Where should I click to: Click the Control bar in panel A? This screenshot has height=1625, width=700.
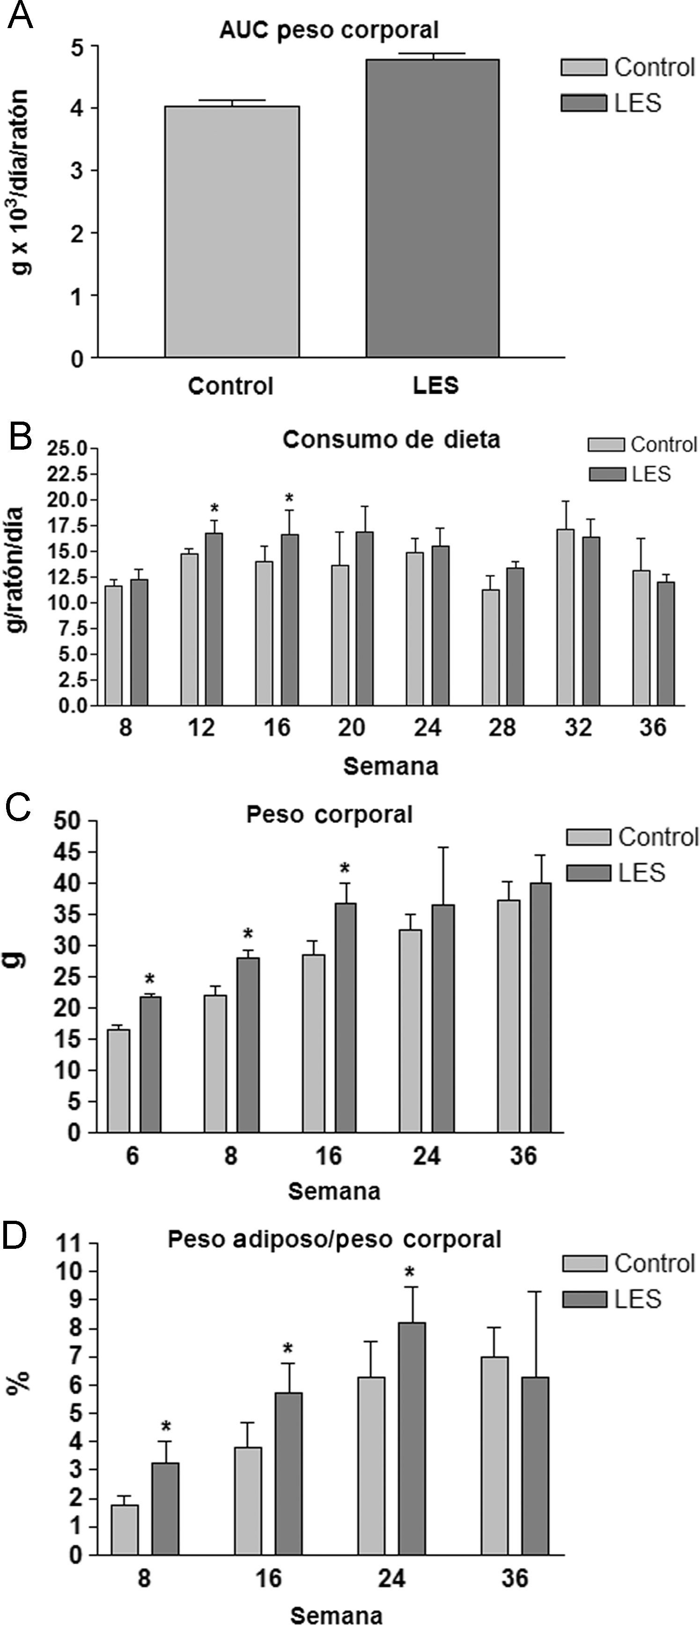pyautogui.click(x=232, y=232)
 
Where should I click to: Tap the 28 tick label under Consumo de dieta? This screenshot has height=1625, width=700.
pyautogui.click(x=502, y=727)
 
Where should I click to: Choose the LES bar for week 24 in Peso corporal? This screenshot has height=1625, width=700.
pyautogui.click(x=443, y=1018)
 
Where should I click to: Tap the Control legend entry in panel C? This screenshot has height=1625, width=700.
pyautogui.click(x=631, y=837)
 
